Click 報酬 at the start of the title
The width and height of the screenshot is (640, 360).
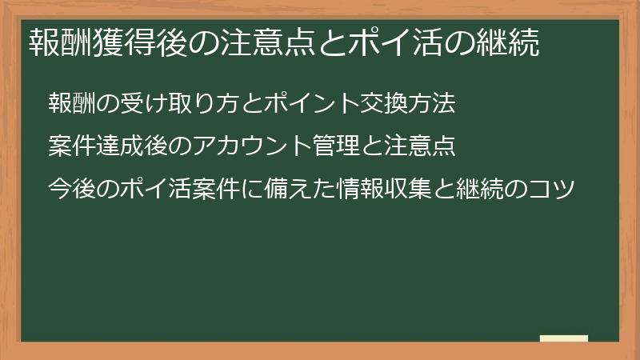click(x=62, y=42)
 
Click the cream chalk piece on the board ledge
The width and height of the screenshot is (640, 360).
click(x=564, y=338)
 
